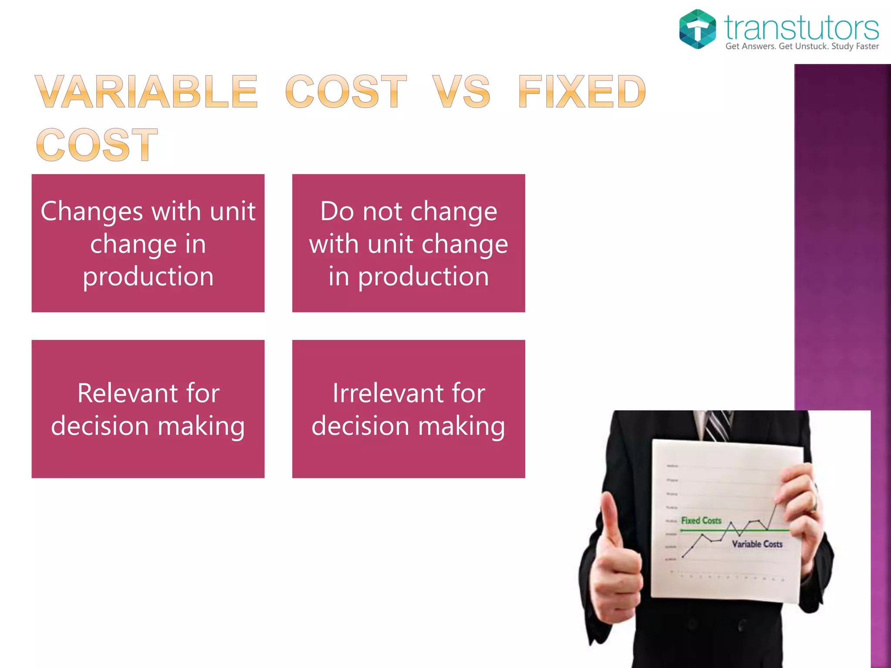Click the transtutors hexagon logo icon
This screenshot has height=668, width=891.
[x=697, y=29]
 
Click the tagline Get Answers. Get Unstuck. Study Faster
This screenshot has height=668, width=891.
[x=802, y=47]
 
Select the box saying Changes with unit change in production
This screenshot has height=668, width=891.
[x=148, y=243]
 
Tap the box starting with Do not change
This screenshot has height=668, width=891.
[x=409, y=243]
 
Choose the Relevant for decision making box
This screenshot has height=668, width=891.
[x=148, y=409]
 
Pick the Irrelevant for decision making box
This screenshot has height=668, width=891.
[x=409, y=409]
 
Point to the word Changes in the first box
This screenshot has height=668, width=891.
[x=92, y=212]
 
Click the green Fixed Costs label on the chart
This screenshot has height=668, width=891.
[x=701, y=521]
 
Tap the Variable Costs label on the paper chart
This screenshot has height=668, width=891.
[x=757, y=544]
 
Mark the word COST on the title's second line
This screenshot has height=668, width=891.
[x=97, y=145]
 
